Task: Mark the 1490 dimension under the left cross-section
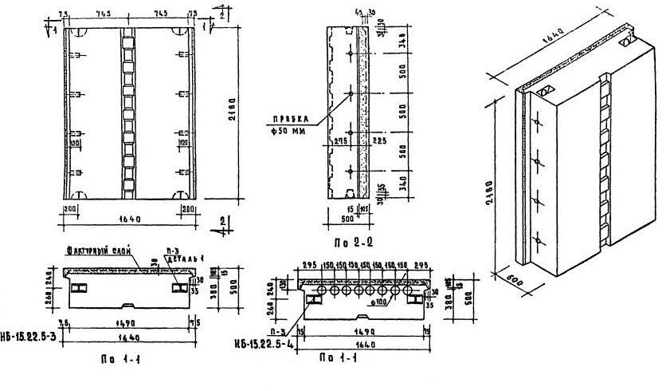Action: coord(128,322)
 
